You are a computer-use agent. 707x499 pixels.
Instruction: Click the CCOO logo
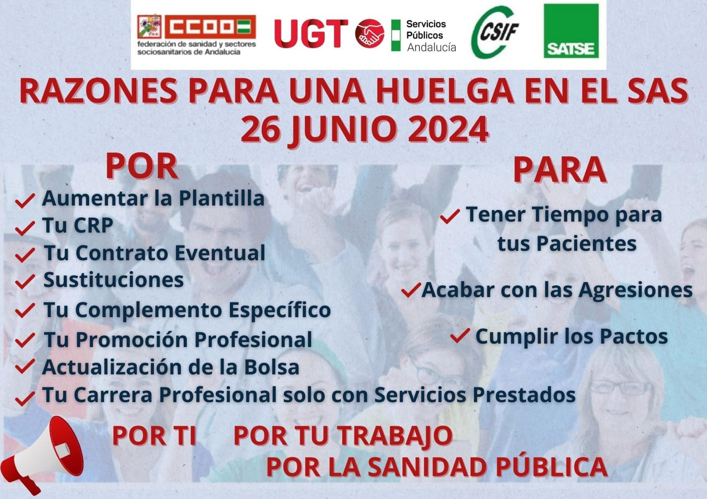[196, 35]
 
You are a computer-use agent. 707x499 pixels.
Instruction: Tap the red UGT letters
[311, 34]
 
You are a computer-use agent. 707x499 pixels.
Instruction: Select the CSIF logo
[495, 32]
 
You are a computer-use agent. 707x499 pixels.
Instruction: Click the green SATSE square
[571, 31]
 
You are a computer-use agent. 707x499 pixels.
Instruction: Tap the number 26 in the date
[261, 129]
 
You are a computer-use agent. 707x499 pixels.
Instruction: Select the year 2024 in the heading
[448, 129]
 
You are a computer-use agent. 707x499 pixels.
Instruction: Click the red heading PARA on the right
[560, 170]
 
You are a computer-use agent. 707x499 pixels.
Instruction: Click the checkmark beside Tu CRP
[25, 228]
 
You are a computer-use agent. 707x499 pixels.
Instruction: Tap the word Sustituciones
[114, 280]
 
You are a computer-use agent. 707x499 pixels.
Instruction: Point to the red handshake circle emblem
[369, 34]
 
